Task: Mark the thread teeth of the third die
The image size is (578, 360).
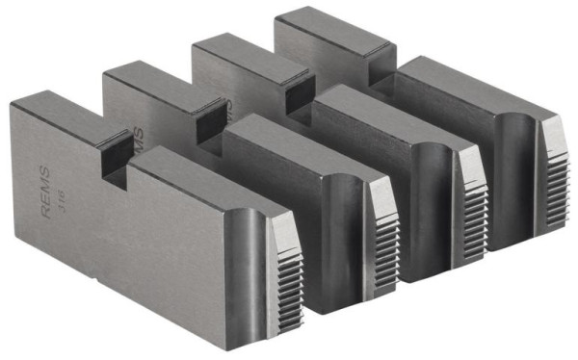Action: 472,207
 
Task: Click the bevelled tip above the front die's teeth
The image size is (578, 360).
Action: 282,227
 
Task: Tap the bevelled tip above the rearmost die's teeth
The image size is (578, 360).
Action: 551,129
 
